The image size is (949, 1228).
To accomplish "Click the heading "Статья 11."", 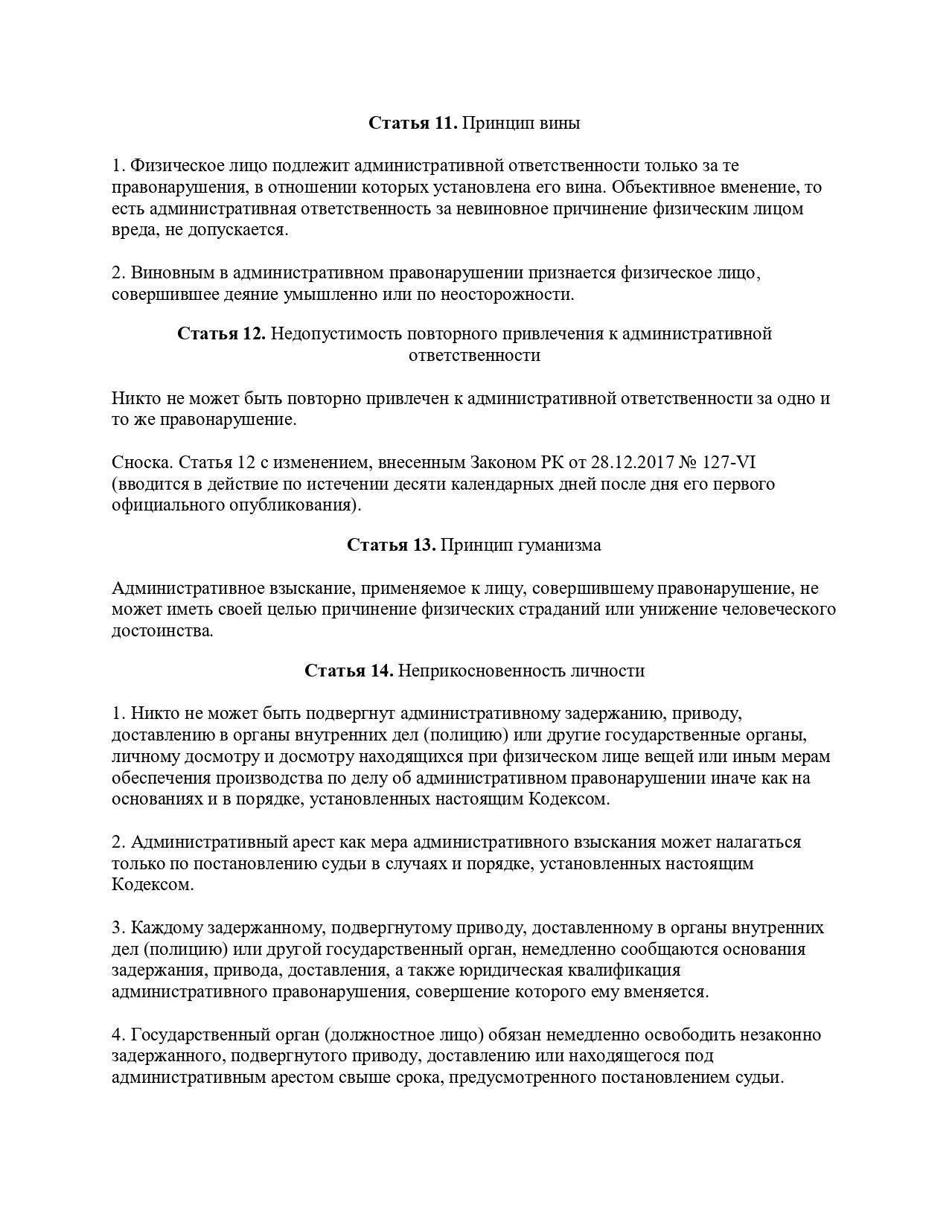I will [x=413, y=123].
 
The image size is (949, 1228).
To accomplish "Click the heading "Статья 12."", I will [x=222, y=333].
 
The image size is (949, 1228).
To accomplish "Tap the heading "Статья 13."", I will [x=392, y=545].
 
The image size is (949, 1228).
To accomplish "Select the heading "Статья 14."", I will [x=349, y=671].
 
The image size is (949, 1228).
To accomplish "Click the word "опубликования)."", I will [x=301, y=505].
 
